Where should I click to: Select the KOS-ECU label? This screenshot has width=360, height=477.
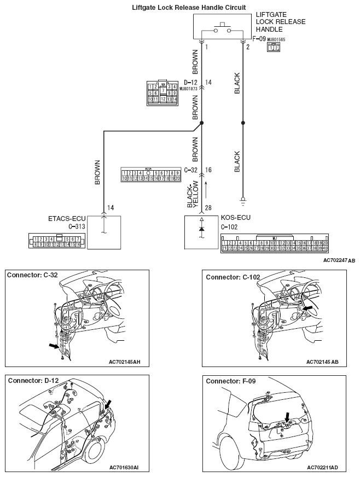pyautogui.click(x=235, y=217)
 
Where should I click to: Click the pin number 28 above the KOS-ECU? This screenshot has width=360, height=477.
pyautogui.click(x=208, y=208)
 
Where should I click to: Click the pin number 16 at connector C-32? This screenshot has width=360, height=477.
pyautogui.click(x=208, y=171)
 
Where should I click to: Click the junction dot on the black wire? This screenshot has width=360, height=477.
pyautogui.click(x=242, y=123)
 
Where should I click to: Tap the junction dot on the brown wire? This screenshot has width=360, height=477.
pyautogui.click(x=202, y=123)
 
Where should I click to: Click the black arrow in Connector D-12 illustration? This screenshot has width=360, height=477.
pyautogui.click(x=109, y=404)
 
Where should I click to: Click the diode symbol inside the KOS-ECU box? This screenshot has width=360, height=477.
pyautogui.click(x=202, y=228)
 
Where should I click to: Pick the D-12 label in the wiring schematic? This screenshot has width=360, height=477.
pyautogui.click(x=190, y=83)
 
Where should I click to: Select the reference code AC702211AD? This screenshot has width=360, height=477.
pyautogui.click(x=330, y=468)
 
